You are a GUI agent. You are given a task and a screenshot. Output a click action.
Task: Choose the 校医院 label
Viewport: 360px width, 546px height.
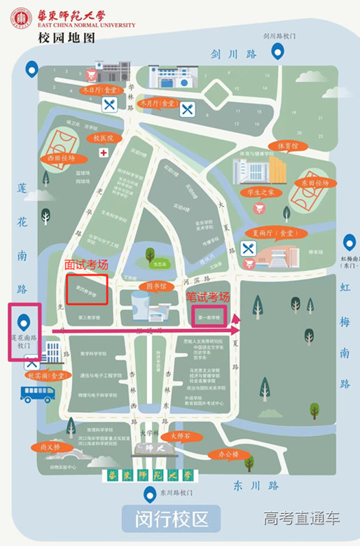pos(104,138)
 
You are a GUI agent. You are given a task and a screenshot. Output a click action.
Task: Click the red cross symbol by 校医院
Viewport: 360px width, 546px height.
pos(104,152)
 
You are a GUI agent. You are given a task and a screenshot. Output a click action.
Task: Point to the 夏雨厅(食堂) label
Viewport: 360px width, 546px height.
pos(273,233)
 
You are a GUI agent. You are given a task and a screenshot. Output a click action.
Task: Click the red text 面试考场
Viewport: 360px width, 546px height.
pos(86,265)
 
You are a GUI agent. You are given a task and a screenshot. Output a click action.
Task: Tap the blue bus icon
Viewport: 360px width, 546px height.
pos(38,393)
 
